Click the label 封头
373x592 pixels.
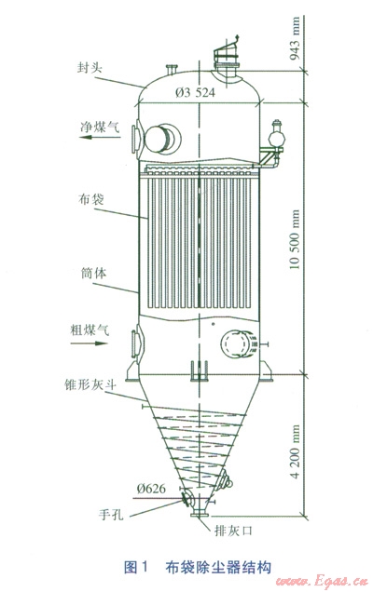(x=90, y=68)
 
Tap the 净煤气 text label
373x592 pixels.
(x=100, y=127)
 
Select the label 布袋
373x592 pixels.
(x=91, y=199)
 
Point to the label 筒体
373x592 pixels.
(x=93, y=273)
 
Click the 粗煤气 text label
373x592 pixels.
(x=90, y=330)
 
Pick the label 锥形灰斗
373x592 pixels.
(x=90, y=385)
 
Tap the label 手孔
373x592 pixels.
(x=111, y=514)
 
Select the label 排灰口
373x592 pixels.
(x=233, y=531)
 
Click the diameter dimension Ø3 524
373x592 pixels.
(x=195, y=92)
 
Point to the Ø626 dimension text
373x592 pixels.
(x=151, y=489)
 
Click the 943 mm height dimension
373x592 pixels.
(x=295, y=38)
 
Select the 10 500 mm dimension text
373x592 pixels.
(x=295, y=239)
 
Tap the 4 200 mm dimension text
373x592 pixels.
(x=295, y=451)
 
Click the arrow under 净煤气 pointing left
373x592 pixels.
(x=100, y=137)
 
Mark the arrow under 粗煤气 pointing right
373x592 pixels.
(x=89, y=343)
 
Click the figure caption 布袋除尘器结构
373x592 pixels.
(x=218, y=567)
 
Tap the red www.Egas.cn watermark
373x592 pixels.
(x=322, y=581)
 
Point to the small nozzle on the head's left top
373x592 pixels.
(x=172, y=70)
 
